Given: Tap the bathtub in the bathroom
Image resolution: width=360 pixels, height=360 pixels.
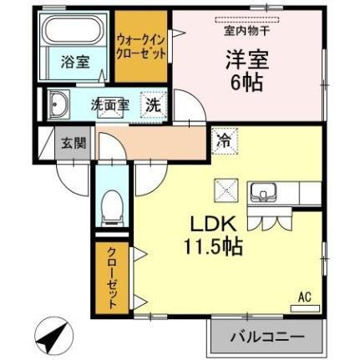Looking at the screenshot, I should pyautogui.click(x=70, y=33).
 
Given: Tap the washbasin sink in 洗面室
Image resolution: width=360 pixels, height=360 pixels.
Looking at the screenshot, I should pyautogui.click(x=59, y=106).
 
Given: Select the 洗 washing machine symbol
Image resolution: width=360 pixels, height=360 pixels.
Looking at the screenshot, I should pyautogui.click(x=154, y=106).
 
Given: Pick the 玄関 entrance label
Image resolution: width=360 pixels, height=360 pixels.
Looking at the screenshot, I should pyautogui.click(x=68, y=143).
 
